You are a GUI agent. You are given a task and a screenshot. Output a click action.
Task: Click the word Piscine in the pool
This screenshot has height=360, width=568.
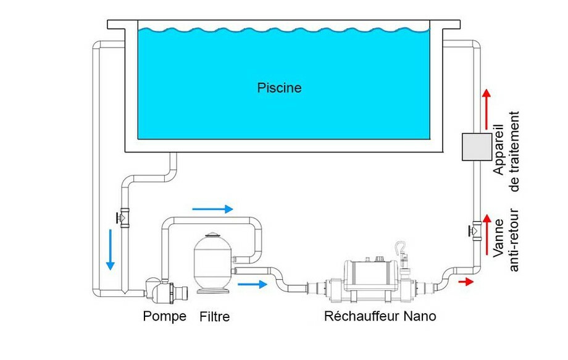(x=279, y=88)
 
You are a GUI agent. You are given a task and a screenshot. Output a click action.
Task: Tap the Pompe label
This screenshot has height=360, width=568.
(x=164, y=317)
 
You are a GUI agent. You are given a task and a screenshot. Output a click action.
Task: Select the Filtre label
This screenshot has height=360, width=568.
(x=215, y=317)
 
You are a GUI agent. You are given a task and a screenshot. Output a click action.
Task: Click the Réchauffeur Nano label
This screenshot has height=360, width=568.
(x=380, y=317)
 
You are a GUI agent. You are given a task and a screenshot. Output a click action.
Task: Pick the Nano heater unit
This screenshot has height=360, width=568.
(x=370, y=277)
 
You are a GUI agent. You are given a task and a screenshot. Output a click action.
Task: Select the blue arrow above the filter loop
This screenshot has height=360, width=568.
(x=212, y=209)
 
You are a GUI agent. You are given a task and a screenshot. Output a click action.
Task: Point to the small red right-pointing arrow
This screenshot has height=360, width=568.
(x=467, y=282)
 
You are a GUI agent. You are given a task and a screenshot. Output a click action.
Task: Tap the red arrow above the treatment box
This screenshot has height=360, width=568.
(x=486, y=104)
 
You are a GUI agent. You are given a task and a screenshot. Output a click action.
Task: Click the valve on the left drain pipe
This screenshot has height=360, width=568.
(x=123, y=217)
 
